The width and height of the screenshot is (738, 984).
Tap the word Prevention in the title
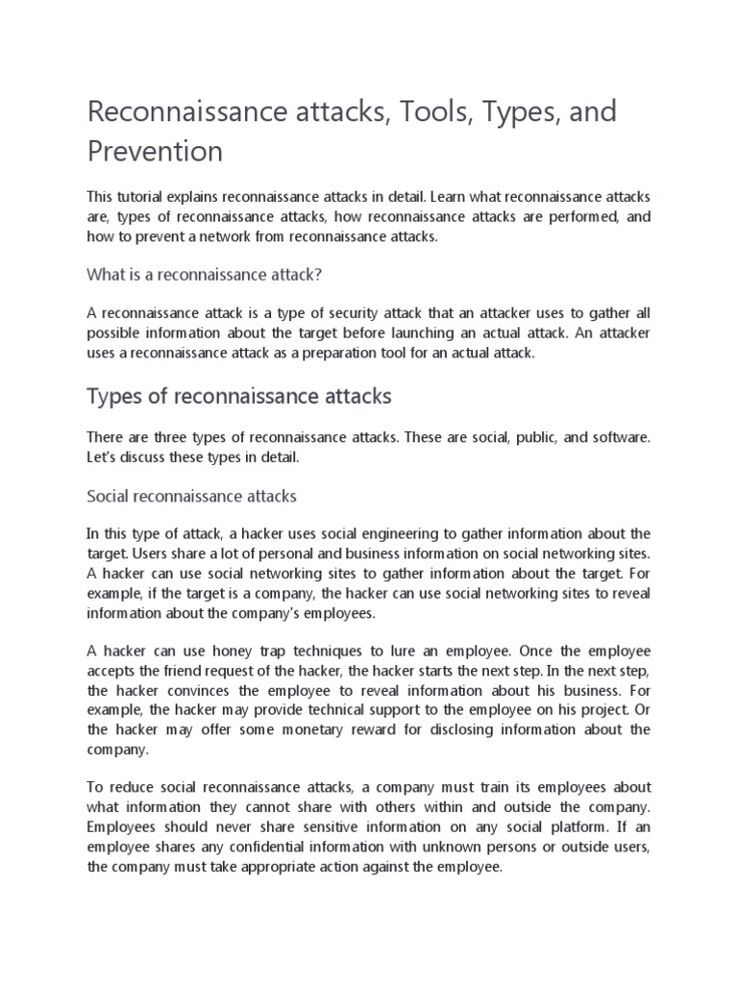click(x=155, y=151)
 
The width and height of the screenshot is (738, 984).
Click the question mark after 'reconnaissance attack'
click(x=317, y=275)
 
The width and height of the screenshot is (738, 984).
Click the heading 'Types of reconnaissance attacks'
click(x=239, y=396)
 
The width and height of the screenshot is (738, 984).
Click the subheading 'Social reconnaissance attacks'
click(x=192, y=497)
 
